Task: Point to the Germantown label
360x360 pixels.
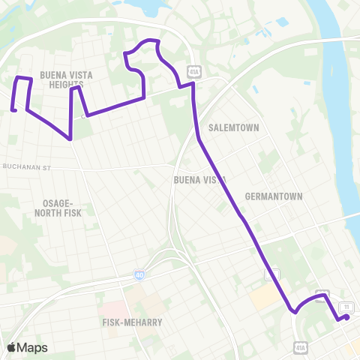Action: [x=273, y=196]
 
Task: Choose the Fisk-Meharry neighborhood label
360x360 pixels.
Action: [x=132, y=322]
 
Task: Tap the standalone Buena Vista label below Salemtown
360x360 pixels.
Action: [x=199, y=180]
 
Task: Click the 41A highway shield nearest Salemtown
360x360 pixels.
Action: [x=193, y=70]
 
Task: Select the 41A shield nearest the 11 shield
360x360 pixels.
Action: [x=321, y=295]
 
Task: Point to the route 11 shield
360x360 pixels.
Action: [x=346, y=307]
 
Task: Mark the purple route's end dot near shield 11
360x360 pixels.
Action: [x=346, y=317]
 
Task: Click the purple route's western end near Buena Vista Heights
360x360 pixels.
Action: [x=13, y=111]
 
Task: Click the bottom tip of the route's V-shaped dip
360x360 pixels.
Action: [x=70, y=139]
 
